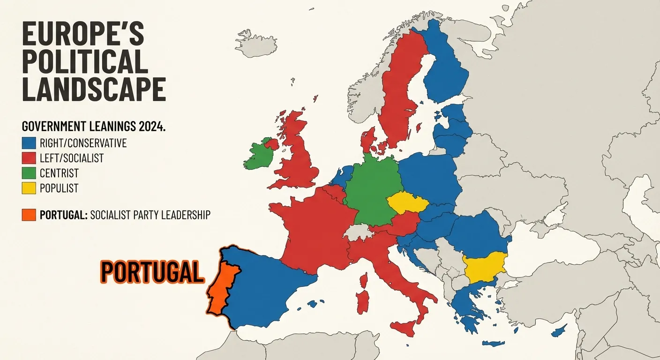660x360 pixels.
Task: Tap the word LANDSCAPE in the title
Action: click(x=94, y=89)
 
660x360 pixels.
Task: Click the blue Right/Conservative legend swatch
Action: click(x=29, y=142)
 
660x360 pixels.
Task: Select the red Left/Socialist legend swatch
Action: click(x=29, y=157)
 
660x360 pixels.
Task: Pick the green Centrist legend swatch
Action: click(x=29, y=173)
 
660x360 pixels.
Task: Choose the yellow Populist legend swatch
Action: click(x=29, y=188)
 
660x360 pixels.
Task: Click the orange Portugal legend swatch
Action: click(x=29, y=215)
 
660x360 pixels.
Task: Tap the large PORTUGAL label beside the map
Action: click(x=152, y=271)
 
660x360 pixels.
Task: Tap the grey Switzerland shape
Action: click(x=359, y=232)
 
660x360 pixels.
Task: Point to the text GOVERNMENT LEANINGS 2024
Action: click(x=94, y=127)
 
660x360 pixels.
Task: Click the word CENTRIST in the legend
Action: click(x=59, y=173)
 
